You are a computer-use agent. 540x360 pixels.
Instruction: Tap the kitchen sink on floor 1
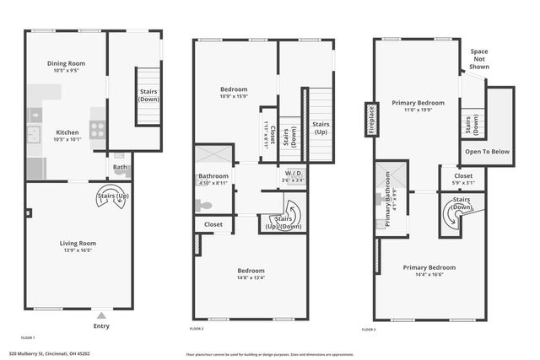(x=35, y=132)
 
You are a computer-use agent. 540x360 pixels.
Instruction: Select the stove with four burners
(x=98, y=130)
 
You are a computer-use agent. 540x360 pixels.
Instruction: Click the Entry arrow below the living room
(x=100, y=311)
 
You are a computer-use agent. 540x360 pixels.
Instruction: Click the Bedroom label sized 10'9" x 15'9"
(x=234, y=89)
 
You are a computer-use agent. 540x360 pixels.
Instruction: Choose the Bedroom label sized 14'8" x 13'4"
(x=251, y=271)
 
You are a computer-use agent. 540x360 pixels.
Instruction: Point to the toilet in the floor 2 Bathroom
(x=202, y=205)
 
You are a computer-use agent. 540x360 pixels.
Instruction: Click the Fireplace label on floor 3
(x=370, y=120)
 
